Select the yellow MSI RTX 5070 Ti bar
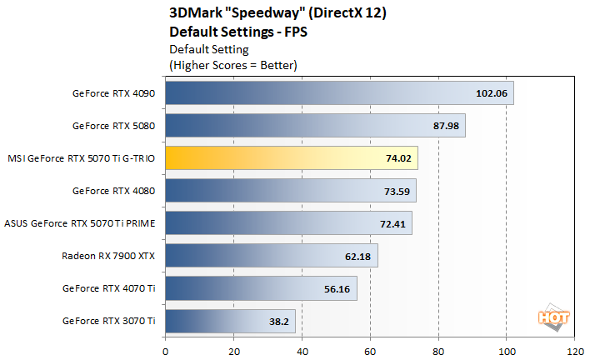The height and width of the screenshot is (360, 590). (292, 157)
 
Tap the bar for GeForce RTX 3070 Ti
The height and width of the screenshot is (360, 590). (230, 320)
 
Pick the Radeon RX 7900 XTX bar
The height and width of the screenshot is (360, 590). (272, 255)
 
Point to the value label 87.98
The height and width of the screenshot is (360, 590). (444, 126)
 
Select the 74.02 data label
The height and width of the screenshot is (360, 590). (397, 158)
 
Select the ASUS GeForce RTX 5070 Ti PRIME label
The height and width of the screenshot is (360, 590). (81, 223)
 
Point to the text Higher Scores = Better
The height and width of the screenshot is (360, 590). (233, 63)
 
